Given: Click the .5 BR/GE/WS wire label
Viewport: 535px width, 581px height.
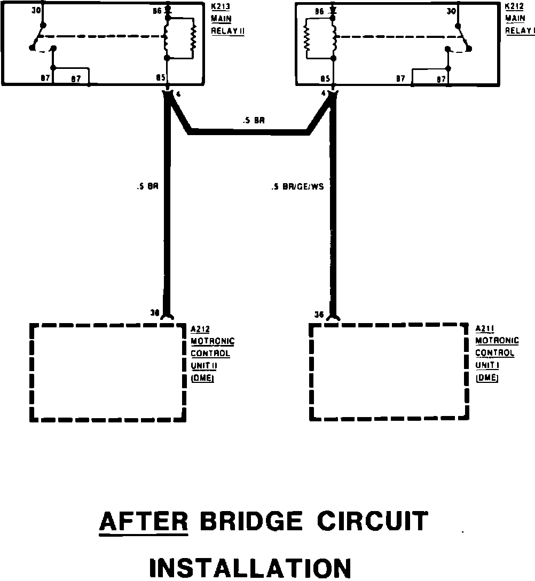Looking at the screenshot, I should pyautogui.click(x=297, y=187).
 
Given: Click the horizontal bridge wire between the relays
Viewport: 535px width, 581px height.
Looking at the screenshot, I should pyautogui.click(x=248, y=131).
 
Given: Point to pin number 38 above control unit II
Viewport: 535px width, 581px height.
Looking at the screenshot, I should pyautogui.click(x=155, y=313).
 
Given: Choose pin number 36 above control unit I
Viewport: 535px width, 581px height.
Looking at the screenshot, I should pyautogui.click(x=319, y=314).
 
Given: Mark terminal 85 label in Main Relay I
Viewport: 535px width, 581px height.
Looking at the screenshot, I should pyautogui.click(x=324, y=78).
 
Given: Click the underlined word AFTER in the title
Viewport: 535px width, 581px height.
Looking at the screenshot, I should pyautogui.click(x=144, y=521).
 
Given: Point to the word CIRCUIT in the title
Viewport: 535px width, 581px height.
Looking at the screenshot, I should pyautogui.click(x=372, y=521).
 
